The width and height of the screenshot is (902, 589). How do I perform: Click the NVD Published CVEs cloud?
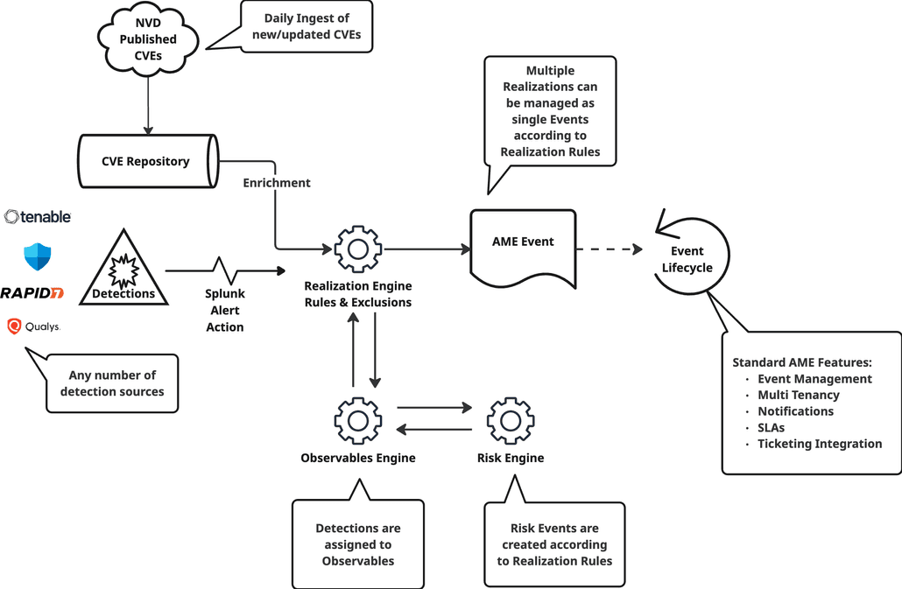[148, 39]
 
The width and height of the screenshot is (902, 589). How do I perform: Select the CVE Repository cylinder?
[145, 161]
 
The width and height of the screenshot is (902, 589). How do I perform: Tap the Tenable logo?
[38, 216]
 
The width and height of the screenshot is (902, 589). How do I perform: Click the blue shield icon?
[38, 256]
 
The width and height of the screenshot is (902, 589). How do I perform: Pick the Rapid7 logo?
[32, 292]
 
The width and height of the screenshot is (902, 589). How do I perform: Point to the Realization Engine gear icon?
[357, 249]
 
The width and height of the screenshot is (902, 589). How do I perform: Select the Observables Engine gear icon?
[357, 420]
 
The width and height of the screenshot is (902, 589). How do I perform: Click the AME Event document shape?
[523, 248]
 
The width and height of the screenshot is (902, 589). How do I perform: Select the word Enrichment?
[277, 183]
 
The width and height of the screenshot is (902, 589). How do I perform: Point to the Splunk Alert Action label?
[224, 311]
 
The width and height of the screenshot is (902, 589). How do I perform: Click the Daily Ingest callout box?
[307, 26]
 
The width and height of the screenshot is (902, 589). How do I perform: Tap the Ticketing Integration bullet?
[820, 444]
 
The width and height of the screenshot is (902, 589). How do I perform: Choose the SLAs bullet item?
[771, 428]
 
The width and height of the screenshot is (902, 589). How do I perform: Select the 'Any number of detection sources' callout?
[112, 383]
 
